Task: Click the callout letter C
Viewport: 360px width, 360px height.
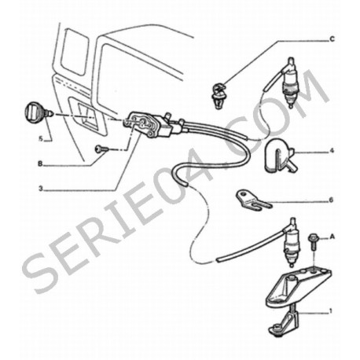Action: [x=332, y=39]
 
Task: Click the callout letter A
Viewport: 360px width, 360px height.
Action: [x=332, y=237]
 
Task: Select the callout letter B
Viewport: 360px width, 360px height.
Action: [x=40, y=164]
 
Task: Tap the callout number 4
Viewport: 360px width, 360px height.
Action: [x=332, y=151]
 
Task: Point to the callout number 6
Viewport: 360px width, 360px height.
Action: [x=331, y=200]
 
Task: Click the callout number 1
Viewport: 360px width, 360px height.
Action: [x=331, y=311]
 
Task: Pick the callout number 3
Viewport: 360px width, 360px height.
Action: [x=40, y=189]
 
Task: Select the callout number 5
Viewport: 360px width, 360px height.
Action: [x=41, y=138]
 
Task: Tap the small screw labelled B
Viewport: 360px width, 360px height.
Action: [x=101, y=149]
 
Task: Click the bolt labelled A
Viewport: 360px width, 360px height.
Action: [x=314, y=241]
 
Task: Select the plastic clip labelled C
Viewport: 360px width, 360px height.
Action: [x=218, y=95]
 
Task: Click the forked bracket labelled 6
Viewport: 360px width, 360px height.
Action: [x=253, y=200]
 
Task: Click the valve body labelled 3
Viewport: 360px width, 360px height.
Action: [x=148, y=124]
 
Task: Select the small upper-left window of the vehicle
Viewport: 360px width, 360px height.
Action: [x=74, y=52]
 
